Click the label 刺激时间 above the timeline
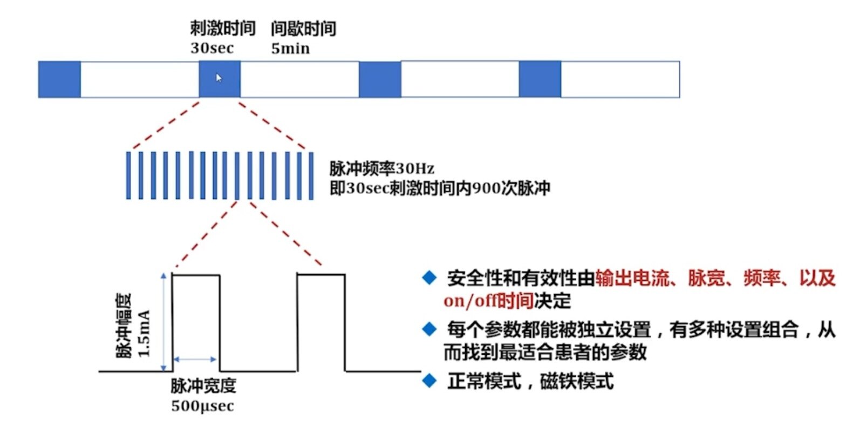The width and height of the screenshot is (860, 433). (x=222, y=28)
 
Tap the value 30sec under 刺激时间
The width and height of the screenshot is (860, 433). (x=212, y=48)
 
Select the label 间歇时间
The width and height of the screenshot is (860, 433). (x=303, y=28)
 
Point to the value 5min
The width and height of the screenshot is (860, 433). (x=290, y=49)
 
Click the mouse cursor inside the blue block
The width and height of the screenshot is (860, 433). (x=219, y=78)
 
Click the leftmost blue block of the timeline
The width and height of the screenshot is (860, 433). (x=59, y=79)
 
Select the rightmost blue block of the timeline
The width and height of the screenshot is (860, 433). (x=540, y=79)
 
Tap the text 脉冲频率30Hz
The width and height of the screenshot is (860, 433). (x=382, y=169)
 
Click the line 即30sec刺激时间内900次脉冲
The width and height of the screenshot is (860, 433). (x=440, y=188)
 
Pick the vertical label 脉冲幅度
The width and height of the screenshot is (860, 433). (x=125, y=326)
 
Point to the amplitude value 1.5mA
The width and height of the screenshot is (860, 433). (x=144, y=333)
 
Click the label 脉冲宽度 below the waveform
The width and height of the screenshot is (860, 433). (x=203, y=385)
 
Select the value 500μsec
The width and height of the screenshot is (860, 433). (x=203, y=406)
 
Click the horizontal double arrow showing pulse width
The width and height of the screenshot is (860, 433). (x=195, y=359)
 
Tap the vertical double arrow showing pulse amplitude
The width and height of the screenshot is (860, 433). (x=164, y=322)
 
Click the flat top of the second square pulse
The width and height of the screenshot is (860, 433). (x=321, y=275)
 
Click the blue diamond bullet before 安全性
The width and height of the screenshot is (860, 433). (x=429, y=278)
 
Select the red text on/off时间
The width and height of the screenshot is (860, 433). (x=488, y=301)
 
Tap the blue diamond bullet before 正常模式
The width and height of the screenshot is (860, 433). (x=429, y=380)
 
